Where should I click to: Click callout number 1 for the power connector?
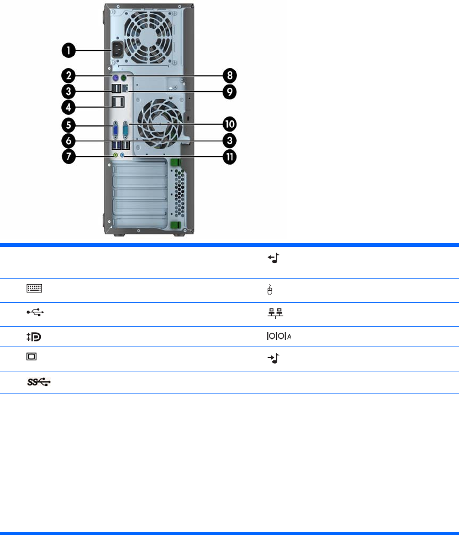pos(68,50)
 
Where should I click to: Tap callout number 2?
pos(68,75)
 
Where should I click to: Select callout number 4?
pos(68,107)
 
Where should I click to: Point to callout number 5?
pos(68,125)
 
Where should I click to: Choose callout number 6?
pos(68,140)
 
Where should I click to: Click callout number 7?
pos(68,156)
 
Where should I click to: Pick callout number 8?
pos(230,75)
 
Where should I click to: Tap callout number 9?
pos(230,92)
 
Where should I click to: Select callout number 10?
pos(230,124)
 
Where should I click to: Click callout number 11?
pos(230,157)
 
